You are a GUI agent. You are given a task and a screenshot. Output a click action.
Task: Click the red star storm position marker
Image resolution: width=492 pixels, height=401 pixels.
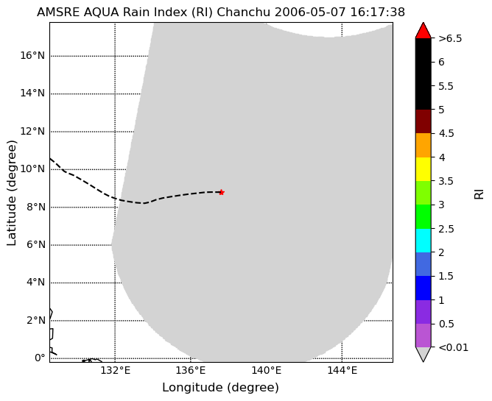222,192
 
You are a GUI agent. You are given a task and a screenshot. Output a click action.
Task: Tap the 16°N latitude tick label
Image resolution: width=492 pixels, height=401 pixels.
32,55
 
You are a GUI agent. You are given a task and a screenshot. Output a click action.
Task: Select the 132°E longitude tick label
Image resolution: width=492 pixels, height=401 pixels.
116,371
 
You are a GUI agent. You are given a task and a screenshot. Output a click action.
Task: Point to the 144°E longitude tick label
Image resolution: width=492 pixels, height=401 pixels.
342,371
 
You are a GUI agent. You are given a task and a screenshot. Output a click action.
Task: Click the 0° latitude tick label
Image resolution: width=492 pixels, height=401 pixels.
40,358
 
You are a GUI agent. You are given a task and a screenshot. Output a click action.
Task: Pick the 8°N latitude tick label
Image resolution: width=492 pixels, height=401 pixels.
36,207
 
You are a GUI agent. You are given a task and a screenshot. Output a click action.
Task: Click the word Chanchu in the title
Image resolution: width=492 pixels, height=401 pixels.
244,13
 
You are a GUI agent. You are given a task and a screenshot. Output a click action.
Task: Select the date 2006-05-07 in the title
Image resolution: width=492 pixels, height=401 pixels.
310,13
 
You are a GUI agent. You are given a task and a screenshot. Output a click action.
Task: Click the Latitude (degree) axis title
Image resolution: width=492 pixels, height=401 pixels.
11,193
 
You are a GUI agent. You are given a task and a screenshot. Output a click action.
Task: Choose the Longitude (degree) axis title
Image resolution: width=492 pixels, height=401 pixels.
220,388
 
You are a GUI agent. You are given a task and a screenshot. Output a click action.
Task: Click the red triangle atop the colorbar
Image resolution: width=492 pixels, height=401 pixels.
423,31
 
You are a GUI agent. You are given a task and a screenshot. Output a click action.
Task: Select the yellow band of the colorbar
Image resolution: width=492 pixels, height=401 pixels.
423,169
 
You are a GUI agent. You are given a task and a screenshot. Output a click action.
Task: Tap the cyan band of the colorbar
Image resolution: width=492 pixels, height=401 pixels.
423,241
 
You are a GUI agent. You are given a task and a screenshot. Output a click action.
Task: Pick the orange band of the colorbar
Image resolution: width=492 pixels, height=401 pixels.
423,146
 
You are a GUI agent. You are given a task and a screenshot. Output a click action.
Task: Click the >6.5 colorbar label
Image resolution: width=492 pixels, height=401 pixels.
450,38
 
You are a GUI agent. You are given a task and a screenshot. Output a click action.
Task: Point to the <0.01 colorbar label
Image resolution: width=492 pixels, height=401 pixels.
454,347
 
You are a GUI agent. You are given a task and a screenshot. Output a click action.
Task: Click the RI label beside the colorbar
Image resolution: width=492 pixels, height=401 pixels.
479,194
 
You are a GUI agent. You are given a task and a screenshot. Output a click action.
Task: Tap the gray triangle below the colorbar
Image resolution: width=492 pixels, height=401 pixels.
423,355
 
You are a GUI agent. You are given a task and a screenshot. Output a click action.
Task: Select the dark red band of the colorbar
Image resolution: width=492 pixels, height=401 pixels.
423,121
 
